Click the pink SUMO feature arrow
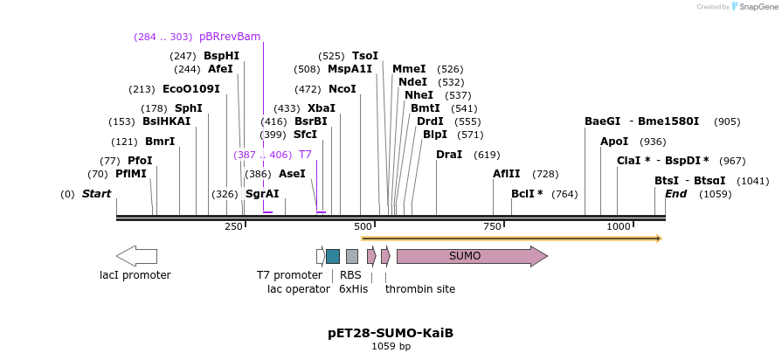[472, 256]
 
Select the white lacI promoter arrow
[136, 256]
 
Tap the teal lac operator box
[333, 256]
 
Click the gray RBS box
[351, 256]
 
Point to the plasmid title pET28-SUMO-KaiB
[391, 333]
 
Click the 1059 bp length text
[391, 347]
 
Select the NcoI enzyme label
[342, 89]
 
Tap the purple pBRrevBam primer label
[230, 37]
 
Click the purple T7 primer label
[305, 155]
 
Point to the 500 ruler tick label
[363, 227]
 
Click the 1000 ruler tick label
[619, 227]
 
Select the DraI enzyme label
[449, 155]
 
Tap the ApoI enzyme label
[614, 142]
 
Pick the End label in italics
[675, 194]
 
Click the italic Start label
[96, 194]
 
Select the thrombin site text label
[419, 289]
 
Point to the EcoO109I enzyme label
[191, 89]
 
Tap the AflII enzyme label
[507, 174]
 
